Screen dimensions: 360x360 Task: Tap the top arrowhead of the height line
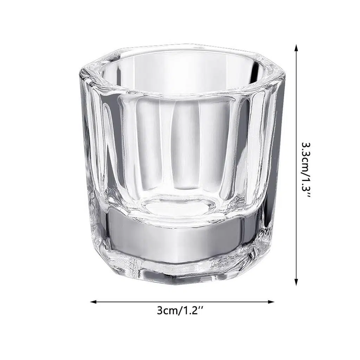coord(296,48)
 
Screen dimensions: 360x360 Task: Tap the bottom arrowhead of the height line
coord(296,282)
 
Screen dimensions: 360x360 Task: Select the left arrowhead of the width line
coord(94,302)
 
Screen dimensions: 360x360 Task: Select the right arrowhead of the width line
coord(271,302)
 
